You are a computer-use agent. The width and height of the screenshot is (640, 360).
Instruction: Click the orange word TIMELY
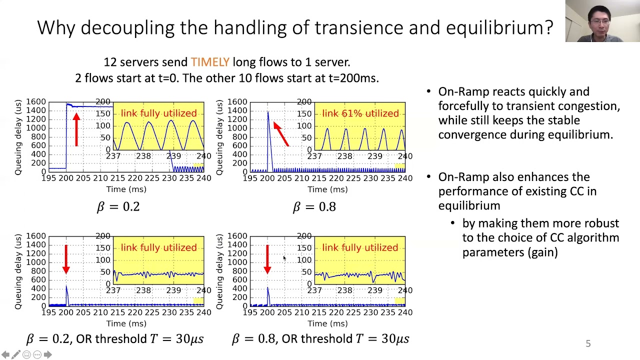coord(210,62)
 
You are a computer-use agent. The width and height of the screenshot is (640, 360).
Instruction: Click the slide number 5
coord(588,343)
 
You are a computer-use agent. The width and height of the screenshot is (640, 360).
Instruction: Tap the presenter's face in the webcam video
coord(599,22)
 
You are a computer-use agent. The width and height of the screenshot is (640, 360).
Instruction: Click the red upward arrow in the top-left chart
coord(76,129)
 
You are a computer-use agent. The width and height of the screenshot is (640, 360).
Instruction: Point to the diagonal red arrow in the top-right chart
coord(281,133)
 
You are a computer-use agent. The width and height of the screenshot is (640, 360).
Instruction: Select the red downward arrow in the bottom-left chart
coord(66,259)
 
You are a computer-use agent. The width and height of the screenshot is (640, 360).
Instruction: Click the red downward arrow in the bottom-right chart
coord(267,259)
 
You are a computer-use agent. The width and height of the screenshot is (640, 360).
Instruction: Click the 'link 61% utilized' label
coord(360,113)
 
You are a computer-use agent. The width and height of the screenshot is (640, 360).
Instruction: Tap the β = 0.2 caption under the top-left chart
coord(118,206)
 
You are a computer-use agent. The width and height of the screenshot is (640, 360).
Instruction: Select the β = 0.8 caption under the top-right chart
coord(314,206)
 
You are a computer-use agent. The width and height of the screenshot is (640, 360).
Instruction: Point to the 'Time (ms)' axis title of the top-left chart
coord(126,189)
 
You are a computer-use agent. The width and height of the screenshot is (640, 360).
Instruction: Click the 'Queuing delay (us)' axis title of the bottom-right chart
coord(219,271)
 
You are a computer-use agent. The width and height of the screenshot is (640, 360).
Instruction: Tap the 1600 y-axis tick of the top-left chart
coord(36,102)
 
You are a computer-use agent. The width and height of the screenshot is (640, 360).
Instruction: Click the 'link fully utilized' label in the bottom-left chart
coord(158,247)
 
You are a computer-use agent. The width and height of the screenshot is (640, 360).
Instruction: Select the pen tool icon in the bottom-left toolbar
coord(16,354)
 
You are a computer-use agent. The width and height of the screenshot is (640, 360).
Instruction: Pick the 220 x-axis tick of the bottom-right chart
coord(319,312)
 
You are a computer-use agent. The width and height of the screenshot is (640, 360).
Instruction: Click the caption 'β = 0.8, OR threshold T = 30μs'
coord(320,339)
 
